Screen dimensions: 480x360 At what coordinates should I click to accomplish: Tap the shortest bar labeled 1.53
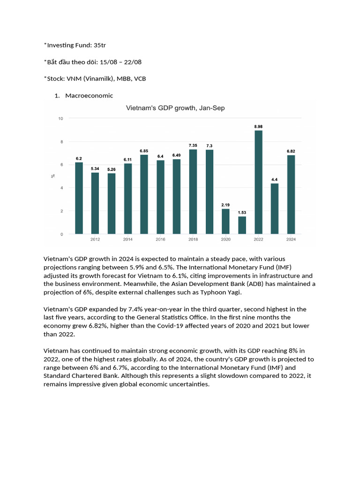pos(242,225)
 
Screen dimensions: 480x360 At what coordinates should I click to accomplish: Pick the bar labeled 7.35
pos(193,191)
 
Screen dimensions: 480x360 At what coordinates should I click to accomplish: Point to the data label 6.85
pos(144,150)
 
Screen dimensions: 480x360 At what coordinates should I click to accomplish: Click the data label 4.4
pos(275,180)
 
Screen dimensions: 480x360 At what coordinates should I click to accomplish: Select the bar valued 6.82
pos(291,195)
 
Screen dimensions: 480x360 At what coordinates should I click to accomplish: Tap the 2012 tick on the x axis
pos(95,239)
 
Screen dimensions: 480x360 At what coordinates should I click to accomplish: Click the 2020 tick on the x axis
pos(225,239)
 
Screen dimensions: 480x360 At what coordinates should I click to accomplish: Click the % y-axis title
pos(53,176)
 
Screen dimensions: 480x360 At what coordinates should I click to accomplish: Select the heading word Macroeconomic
pos(89,96)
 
